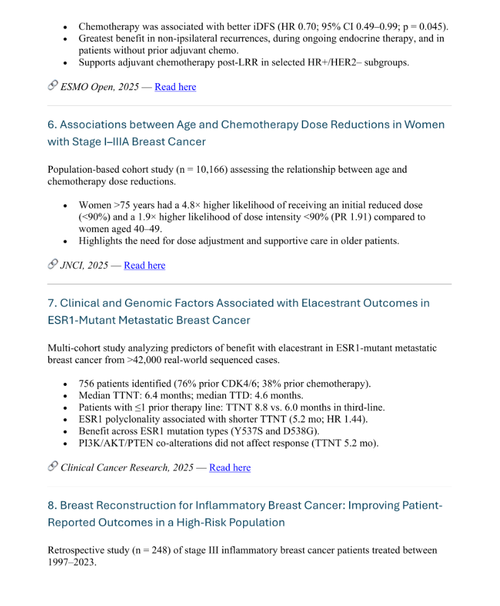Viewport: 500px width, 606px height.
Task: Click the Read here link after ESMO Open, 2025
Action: [x=175, y=87]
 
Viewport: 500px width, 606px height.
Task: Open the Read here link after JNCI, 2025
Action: [x=145, y=265]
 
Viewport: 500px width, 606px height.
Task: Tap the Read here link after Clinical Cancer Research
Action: [x=230, y=467]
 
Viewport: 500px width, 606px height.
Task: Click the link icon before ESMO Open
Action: [x=53, y=86]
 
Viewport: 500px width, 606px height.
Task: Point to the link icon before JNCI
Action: [x=53, y=264]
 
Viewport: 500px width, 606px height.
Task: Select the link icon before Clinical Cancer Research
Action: [x=53, y=467]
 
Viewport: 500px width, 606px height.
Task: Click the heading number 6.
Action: [x=52, y=125]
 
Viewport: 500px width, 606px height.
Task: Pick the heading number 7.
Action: [x=52, y=303]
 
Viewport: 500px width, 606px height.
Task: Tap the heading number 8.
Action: [x=52, y=506]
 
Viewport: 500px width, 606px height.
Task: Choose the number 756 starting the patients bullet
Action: [x=86, y=384]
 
